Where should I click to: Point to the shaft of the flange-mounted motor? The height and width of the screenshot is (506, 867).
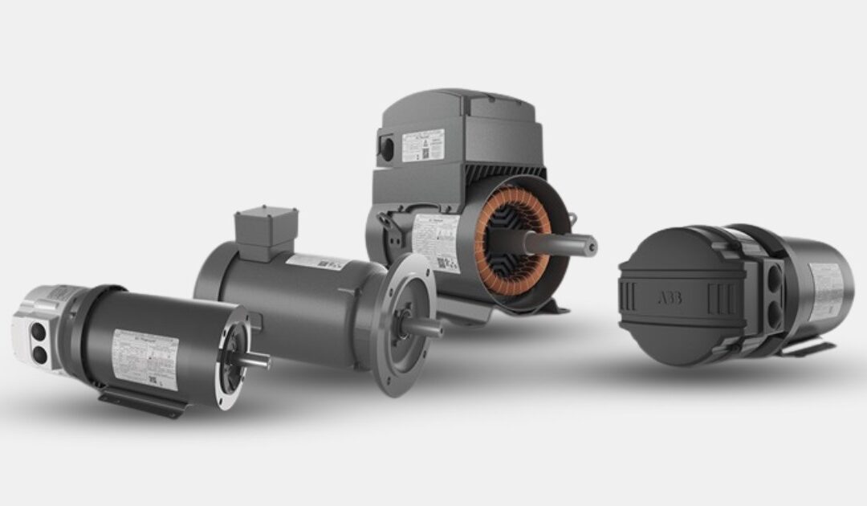(425, 326)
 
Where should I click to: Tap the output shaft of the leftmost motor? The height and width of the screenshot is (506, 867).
(253, 361)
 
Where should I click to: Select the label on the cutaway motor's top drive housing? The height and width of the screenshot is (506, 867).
(422, 145)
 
